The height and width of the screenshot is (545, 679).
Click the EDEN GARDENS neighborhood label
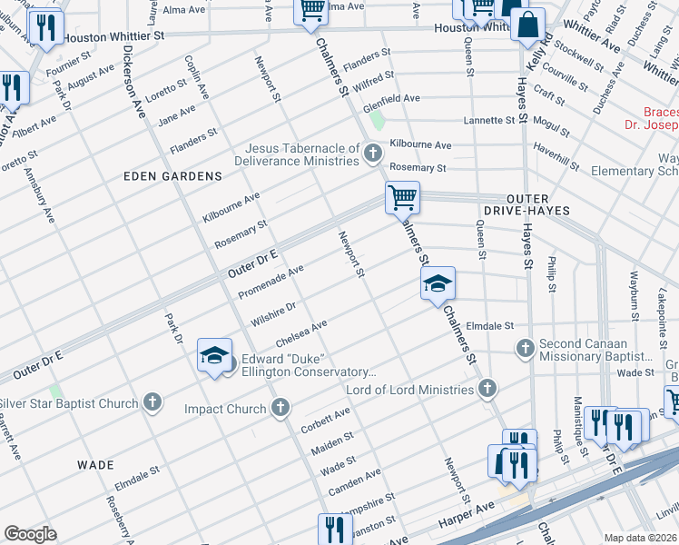[x=174, y=175]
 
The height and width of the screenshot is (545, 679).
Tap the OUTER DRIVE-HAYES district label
[x=526, y=203]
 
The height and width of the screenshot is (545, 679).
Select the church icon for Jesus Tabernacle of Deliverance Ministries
[x=372, y=153]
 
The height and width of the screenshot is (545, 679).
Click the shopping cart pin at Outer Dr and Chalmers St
[x=402, y=196]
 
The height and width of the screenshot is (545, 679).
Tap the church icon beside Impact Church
[x=281, y=408]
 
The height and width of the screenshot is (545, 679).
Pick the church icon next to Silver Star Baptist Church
[x=153, y=401]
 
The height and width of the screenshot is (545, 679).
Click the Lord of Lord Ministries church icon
[x=487, y=389]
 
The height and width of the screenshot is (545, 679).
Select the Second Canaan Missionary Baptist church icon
[x=525, y=348]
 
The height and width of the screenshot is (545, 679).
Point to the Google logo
[x=30, y=534]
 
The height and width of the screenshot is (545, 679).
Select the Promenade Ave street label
[x=271, y=282]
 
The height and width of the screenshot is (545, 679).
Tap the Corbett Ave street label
[x=325, y=420]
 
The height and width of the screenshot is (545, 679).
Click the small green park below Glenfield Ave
[x=379, y=121]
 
